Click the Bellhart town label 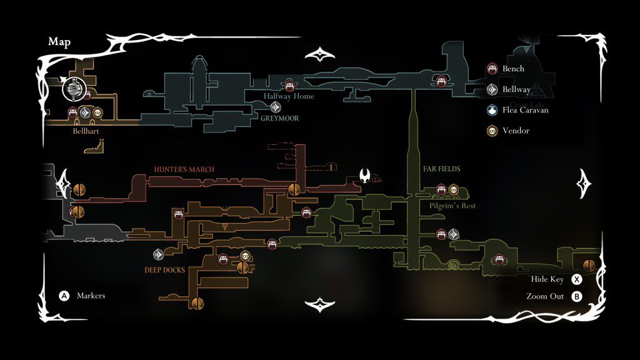tap(86, 131)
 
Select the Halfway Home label tap(289, 96)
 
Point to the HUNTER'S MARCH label tap(184, 169)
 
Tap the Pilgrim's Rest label tap(453, 206)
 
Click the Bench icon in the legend tap(492, 69)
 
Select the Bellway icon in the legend tap(492, 89)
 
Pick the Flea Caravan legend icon tap(492, 110)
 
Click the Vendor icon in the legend tap(492, 131)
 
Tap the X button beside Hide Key tap(577, 279)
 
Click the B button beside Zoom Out tap(577, 296)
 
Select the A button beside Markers tap(64, 296)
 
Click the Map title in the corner tap(59, 42)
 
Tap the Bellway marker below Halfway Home tap(276, 107)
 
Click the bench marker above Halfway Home tap(289, 86)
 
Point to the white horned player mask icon tap(365, 176)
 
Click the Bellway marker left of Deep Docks tap(159, 254)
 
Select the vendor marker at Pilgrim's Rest tap(454, 189)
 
